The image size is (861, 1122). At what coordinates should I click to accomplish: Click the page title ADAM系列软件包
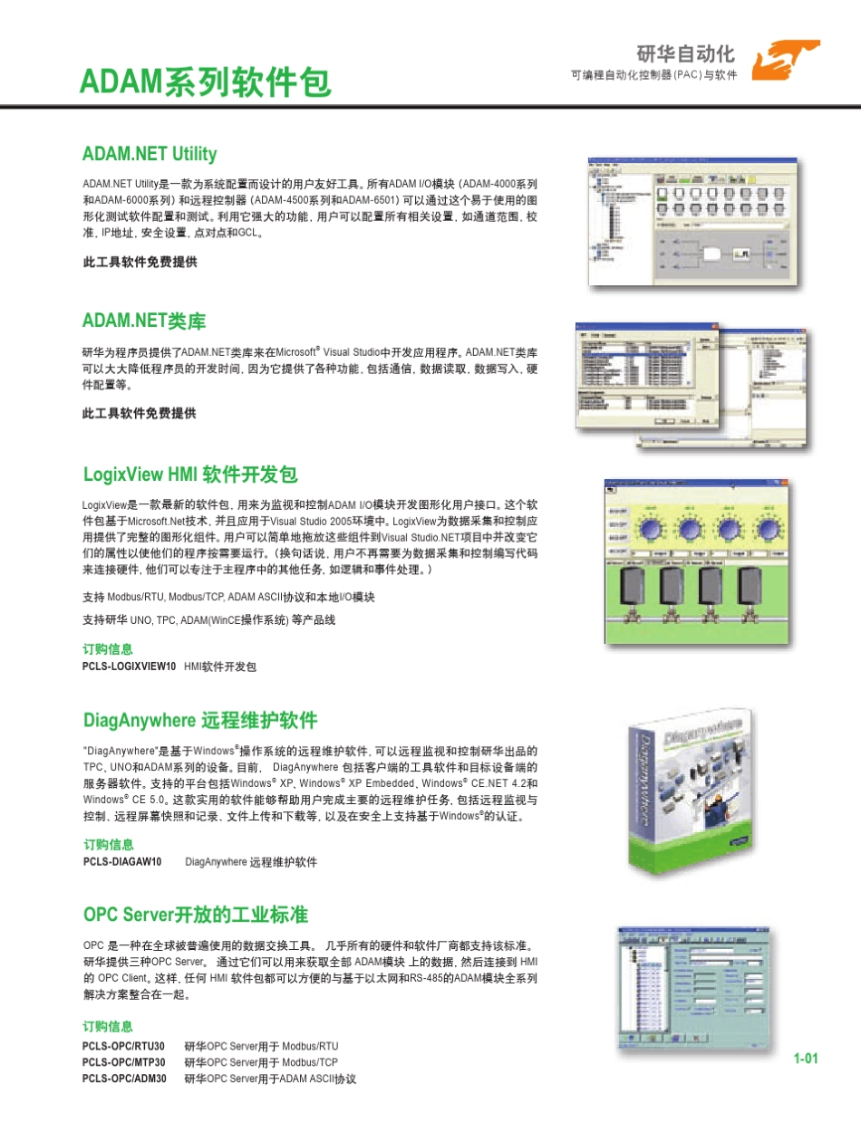click(206, 82)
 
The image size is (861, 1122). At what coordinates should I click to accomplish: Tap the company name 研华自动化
click(685, 53)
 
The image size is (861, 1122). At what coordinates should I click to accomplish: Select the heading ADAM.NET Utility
click(150, 154)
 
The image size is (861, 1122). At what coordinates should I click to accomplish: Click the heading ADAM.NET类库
click(144, 321)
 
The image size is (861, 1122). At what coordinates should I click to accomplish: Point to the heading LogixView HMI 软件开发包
click(190, 475)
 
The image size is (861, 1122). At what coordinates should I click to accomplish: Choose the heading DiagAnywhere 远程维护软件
click(200, 721)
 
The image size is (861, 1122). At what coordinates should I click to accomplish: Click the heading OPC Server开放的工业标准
click(196, 913)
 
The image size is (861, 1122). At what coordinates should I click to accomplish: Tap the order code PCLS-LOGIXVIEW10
click(129, 666)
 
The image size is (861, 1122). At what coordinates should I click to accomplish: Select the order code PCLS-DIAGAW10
click(121, 862)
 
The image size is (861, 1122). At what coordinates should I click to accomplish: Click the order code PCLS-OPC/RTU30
click(124, 1046)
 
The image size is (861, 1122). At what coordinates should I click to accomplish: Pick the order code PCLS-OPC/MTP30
click(124, 1062)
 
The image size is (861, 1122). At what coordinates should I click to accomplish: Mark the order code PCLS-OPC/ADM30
click(124, 1079)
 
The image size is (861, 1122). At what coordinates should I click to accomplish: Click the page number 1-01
click(806, 1059)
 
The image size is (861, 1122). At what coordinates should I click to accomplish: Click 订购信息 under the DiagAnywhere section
click(108, 845)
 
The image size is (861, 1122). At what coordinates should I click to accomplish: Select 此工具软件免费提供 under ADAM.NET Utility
click(140, 263)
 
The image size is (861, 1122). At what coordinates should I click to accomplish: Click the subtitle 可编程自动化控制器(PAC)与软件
click(653, 74)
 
